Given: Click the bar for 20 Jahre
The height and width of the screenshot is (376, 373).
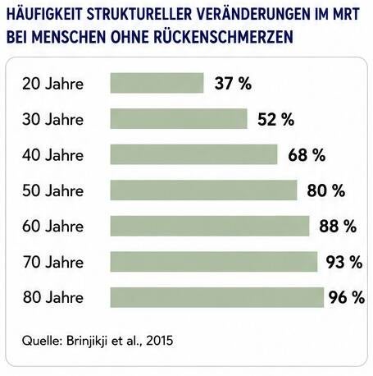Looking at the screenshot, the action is (157, 83).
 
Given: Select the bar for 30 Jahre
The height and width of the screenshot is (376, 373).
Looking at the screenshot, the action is (179, 119).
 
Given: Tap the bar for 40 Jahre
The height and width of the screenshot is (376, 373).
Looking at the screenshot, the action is (193, 154).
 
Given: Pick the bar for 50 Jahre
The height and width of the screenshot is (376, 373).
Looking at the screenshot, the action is (203, 190).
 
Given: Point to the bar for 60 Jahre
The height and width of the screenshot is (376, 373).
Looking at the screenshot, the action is (210, 226).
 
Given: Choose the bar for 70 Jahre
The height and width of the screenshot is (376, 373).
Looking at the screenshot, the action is (214, 262).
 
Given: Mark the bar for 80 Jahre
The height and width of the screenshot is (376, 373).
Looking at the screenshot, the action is (217, 297).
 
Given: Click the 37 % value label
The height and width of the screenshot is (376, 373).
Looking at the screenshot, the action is (233, 84).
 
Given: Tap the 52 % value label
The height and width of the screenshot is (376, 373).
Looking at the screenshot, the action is (276, 119).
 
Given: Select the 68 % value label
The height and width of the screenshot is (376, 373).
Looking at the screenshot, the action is (307, 155).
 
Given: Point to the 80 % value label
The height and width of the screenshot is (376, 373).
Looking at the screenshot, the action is (326, 190).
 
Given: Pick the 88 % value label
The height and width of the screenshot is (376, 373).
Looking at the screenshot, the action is (338, 227).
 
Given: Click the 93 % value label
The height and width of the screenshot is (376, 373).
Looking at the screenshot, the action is (344, 262).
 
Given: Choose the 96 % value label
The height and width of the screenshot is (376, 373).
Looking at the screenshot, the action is (347, 298).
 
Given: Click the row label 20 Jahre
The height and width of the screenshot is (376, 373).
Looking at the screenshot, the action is (52, 84).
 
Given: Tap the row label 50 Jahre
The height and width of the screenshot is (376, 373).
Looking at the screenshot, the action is (52, 190).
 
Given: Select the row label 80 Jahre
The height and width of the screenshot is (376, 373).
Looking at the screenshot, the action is (53, 298).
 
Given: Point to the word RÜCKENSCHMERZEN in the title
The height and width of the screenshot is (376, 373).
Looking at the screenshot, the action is (223, 36).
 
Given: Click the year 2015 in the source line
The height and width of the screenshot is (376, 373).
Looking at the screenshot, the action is (160, 341).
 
